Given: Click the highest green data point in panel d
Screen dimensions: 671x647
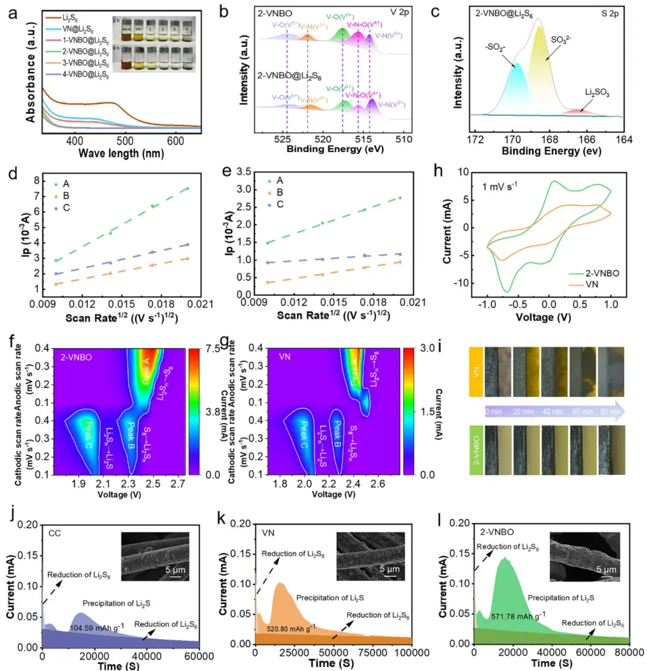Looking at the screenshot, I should (187, 188).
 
